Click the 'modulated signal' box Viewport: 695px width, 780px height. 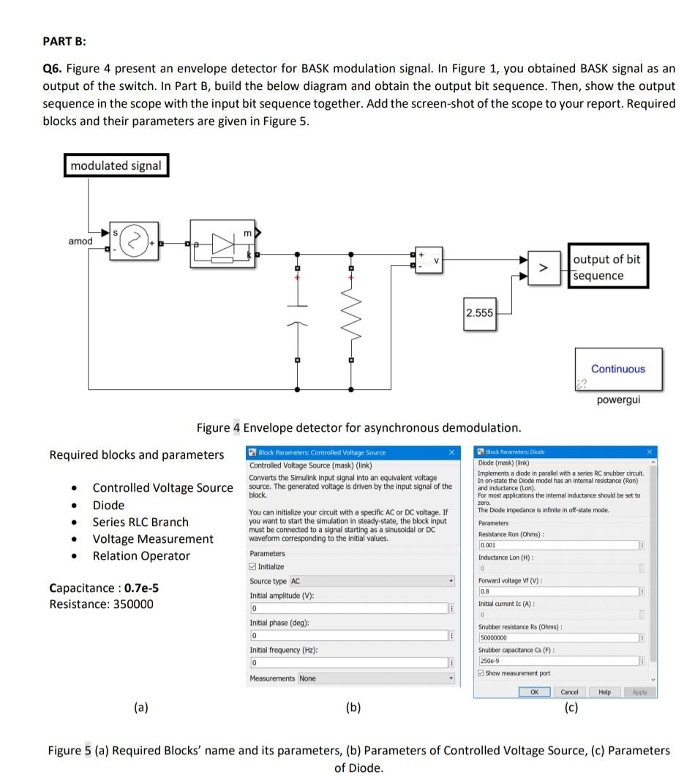pos(116,165)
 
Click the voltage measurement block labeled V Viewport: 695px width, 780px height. pos(429,260)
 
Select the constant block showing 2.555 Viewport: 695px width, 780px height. pos(479,313)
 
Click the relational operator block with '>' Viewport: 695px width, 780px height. pos(542,268)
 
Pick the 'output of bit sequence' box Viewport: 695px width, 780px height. pos(607,268)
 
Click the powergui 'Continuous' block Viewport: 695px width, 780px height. pos(617,370)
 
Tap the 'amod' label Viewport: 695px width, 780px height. pos(80,241)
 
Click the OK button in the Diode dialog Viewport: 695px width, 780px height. pos(534,691)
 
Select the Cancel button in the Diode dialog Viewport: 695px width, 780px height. pos(569,691)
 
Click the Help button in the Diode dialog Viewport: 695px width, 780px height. pos(604,691)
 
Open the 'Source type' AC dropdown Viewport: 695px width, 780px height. pos(372,581)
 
